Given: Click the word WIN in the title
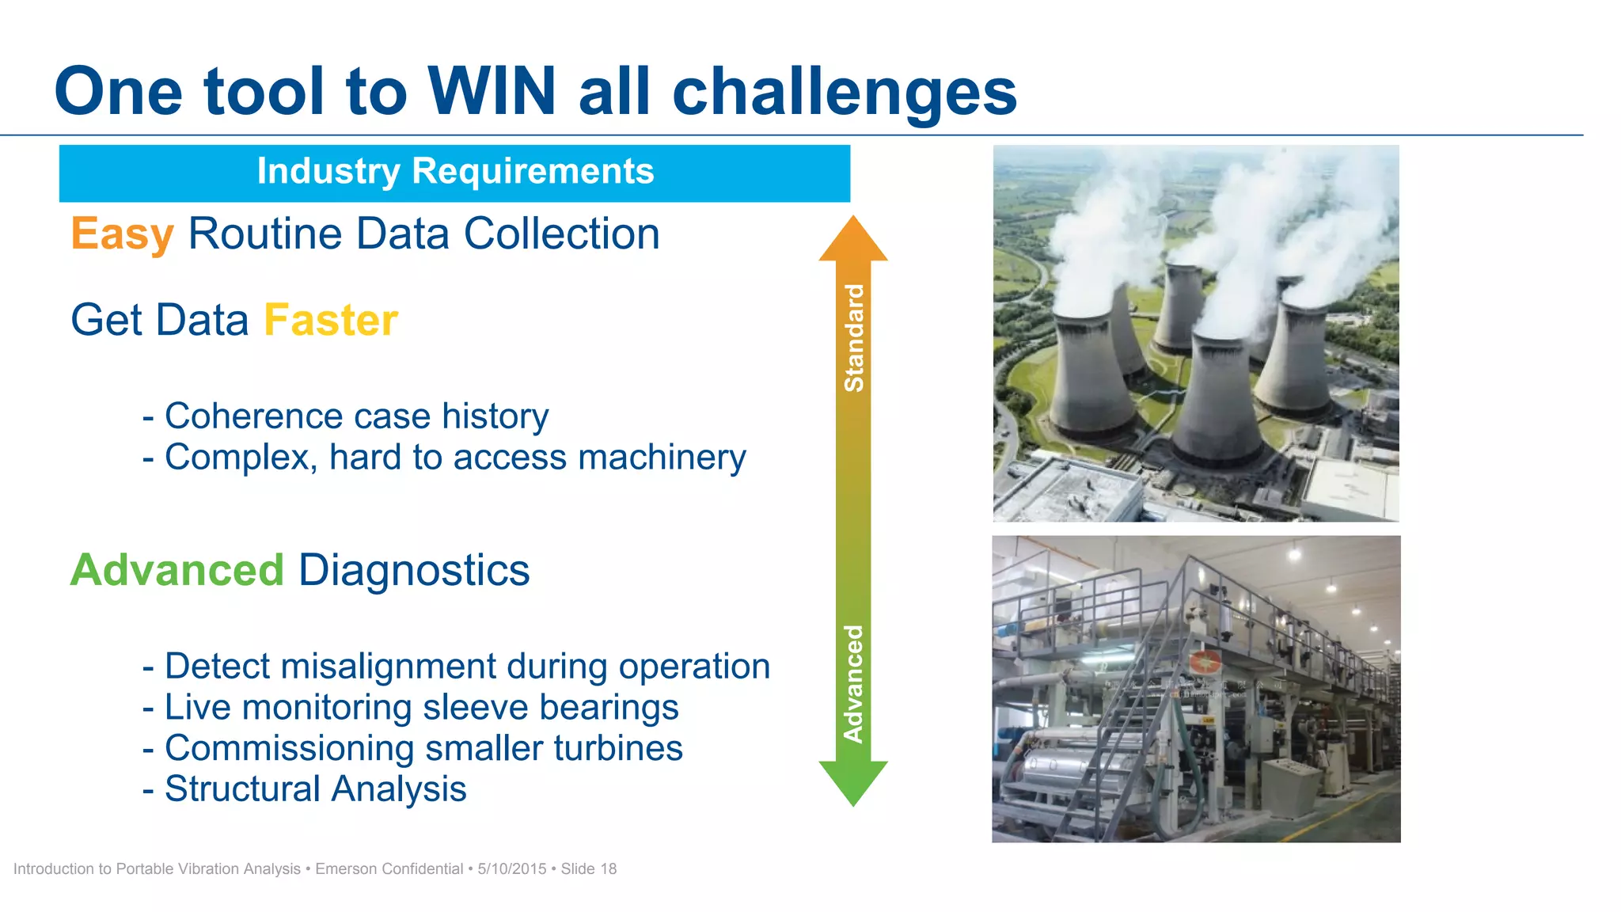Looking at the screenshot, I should pos(492,92).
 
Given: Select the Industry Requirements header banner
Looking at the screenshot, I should pos(454,173).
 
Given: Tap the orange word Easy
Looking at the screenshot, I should pos(122,234).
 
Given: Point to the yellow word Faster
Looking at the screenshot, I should pos(330,321).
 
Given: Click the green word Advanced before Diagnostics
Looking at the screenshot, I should pos(177,570).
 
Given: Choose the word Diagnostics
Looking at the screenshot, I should pos(413,570).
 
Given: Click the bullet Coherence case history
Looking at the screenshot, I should pos(345,416).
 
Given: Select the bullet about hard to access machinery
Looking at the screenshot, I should pos(443,458).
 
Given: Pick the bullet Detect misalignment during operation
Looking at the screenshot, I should pos(456,667).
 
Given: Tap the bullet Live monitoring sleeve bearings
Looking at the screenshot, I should pos(410,708).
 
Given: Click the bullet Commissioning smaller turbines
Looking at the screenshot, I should pos(412,749).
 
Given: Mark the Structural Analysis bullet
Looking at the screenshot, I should pos(304,789).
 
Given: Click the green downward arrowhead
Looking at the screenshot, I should pos(852,781).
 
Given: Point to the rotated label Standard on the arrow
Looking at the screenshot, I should pos(854,338).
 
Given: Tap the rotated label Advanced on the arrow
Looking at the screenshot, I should pos(853,684).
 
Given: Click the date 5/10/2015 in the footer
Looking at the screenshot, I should pos(511,869).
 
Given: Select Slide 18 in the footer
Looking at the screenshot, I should pos(588,869).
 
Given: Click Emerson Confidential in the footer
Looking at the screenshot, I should pos(389,869).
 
